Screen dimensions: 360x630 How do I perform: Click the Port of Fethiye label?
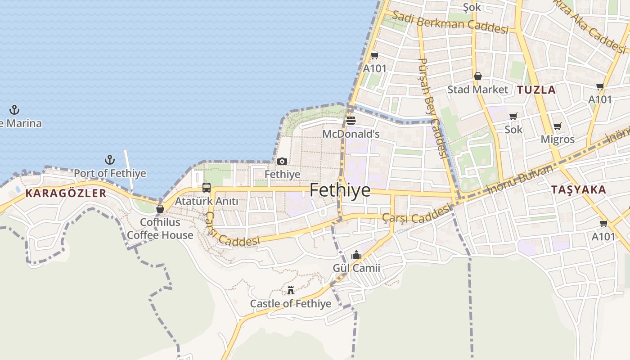tap(110, 173)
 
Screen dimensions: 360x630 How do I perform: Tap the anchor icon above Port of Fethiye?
tap(109, 160)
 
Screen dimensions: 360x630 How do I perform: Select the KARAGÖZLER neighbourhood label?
tap(66, 193)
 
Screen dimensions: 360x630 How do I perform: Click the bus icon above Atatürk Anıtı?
tap(206, 188)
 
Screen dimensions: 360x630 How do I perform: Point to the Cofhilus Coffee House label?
tap(160, 229)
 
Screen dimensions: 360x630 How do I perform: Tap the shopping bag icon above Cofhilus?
tap(160, 209)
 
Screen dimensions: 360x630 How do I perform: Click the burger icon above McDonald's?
tap(351, 121)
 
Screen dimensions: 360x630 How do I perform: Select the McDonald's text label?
tap(351, 134)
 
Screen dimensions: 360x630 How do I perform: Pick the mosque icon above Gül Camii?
tap(356, 255)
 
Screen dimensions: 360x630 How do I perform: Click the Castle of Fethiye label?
tap(291, 304)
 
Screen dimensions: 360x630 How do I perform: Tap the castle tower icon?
tap(291, 290)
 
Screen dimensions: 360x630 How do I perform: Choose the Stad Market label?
tap(477, 90)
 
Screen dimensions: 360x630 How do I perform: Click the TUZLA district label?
tap(536, 90)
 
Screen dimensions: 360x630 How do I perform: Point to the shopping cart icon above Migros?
tap(558, 126)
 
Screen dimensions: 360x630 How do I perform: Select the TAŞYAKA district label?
tap(579, 190)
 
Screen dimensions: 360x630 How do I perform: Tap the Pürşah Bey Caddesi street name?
tap(432, 108)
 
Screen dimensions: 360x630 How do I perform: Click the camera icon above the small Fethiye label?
tap(282, 161)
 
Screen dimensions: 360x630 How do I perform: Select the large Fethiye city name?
tap(340, 190)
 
